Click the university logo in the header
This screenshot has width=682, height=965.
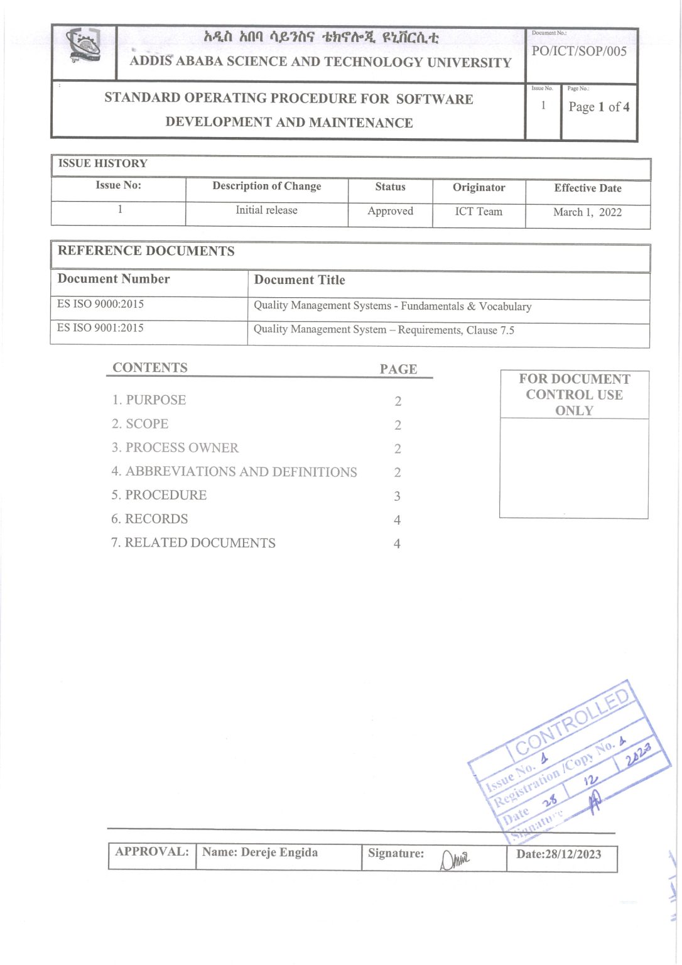click(x=84, y=48)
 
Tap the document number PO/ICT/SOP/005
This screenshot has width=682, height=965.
click(x=579, y=52)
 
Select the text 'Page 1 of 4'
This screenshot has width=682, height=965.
click(x=598, y=107)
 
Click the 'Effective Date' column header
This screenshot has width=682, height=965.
click(x=587, y=188)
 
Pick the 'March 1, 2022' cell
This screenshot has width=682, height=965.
click(x=587, y=212)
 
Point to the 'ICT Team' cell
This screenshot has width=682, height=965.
click(x=479, y=212)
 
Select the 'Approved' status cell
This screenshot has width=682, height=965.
click(x=390, y=211)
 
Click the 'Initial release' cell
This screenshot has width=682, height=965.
click(x=266, y=210)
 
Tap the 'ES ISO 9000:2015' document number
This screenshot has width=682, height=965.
click(x=100, y=304)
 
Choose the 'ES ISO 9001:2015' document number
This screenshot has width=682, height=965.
click(x=100, y=328)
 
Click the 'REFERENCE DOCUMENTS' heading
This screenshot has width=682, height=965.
click(x=146, y=251)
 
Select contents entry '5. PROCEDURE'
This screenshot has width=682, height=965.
click(x=160, y=495)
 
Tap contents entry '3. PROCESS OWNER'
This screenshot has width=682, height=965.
click(x=175, y=448)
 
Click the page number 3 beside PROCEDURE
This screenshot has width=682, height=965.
click(x=397, y=496)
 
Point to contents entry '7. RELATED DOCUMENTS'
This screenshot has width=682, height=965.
click(x=193, y=543)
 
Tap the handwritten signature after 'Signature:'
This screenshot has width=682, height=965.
click(x=454, y=859)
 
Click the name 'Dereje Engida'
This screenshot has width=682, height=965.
click(x=279, y=853)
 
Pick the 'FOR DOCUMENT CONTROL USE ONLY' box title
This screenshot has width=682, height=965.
click(x=574, y=395)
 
